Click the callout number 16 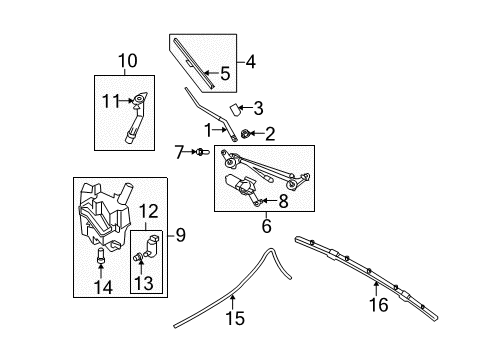click(379, 305)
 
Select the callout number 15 click(235, 318)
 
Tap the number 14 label click(103, 287)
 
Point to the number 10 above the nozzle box click(127, 61)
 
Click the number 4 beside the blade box click(251, 62)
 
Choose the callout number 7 click(179, 152)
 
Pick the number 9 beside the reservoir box click(180, 235)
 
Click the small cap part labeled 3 click(235, 110)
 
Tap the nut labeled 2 click(245, 134)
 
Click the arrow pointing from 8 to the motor click(269, 201)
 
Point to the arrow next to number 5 click(210, 73)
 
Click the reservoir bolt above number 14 click(101, 255)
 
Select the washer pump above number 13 click(152, 246)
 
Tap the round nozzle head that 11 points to click(138, 99)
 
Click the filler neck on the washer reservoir click(124, 193)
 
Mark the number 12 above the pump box click(148, 211)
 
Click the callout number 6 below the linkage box click(267, 226)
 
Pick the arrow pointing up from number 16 click(376, 289)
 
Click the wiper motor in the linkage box click(242, 184)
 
